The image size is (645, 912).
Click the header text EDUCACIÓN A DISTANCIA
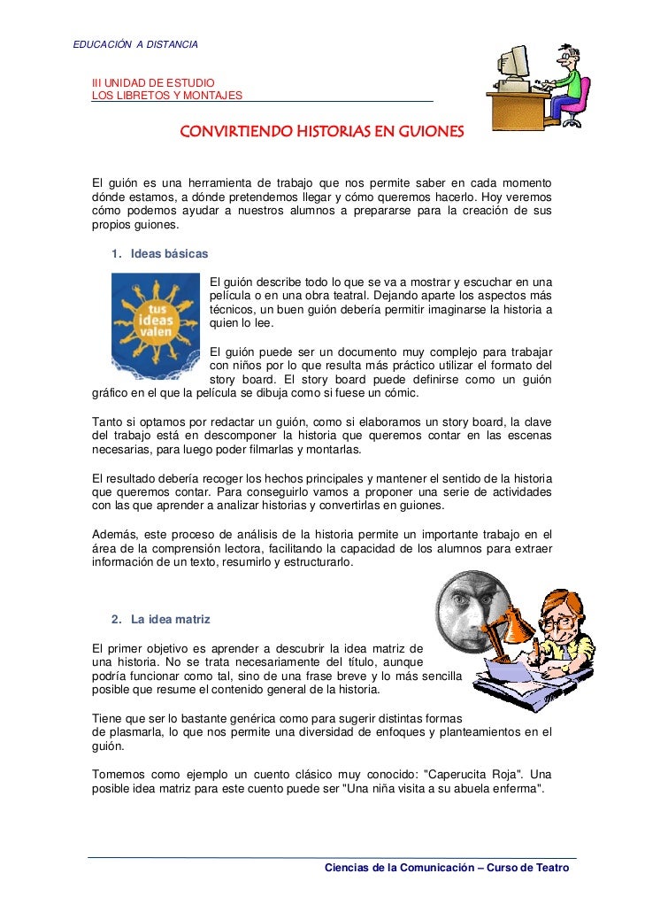(134, 43)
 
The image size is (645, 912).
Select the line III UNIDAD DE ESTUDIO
(148, 82)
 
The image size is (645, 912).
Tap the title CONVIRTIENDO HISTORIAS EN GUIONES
(321, 132)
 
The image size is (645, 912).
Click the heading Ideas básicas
(169, 254)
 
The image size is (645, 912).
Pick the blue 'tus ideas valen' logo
(156, 325)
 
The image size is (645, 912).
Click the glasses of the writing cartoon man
(557, 623)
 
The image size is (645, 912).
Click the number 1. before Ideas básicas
(117, 254)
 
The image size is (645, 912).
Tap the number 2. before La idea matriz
(117, 618)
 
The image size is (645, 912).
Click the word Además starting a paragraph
(114, 533)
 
